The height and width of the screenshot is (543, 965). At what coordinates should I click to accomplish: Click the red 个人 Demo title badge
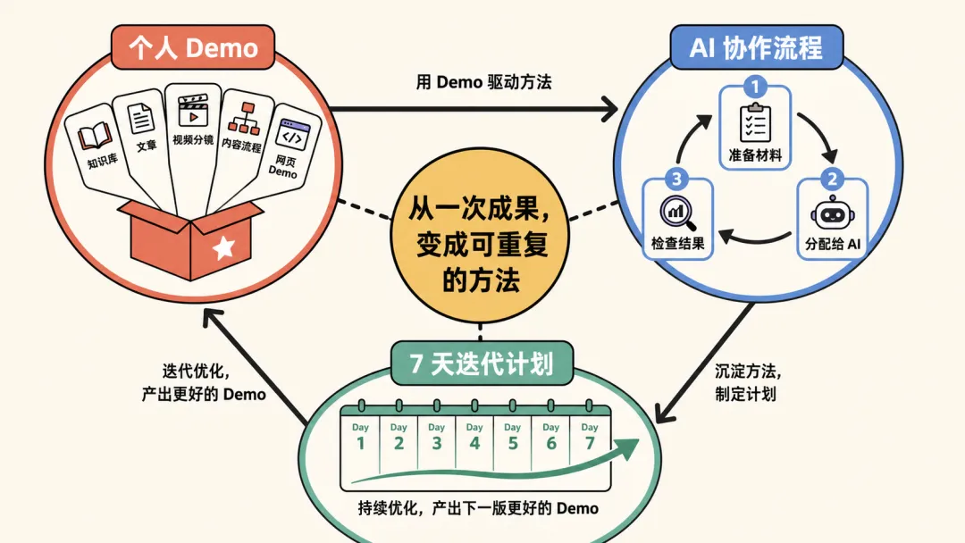(193, 47)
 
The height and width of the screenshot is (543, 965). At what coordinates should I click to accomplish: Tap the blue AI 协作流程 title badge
(757, 47)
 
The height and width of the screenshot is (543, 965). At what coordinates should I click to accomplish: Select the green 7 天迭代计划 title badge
(482, 363)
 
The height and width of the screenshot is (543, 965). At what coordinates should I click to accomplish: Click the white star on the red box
(223, 247)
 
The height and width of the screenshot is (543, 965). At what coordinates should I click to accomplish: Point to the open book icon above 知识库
(95, 137)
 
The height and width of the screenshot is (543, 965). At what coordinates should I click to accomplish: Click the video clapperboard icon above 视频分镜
(193, 112)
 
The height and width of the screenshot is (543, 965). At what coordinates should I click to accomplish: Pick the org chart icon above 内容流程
(244, 119)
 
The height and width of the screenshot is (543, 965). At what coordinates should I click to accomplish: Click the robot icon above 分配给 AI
(832, 213)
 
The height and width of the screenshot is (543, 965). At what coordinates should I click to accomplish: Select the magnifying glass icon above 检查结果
(678, 213)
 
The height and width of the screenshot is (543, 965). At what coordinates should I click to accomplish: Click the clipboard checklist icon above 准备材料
(755, 123)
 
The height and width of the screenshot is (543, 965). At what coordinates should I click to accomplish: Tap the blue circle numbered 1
(755, 86)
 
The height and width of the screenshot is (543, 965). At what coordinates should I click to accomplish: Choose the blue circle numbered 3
(677, 179)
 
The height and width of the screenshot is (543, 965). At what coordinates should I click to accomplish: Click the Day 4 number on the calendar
(474, 443)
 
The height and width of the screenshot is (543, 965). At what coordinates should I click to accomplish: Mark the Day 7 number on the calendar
(590, 443)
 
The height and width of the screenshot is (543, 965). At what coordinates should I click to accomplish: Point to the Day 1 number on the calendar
(361, 443)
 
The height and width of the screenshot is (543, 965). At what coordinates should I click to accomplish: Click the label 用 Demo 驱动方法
(483, 82)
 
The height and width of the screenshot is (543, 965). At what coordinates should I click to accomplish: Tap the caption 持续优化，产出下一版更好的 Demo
(478, 508)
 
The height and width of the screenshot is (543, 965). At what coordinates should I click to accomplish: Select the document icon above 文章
(141, 119)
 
